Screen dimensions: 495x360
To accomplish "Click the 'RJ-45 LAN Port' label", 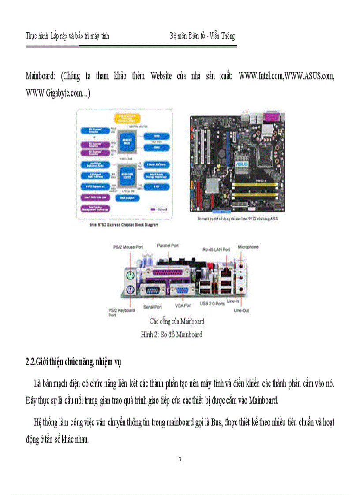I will coord(216,249).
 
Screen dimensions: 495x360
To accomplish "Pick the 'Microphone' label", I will coord(248,247).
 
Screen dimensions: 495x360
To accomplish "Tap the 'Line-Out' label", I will coord(241,310).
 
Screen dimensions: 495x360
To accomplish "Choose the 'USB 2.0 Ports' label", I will coord(212,304).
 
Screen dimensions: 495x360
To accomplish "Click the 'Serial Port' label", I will coord(153,306).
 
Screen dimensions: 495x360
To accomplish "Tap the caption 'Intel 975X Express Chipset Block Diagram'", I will coord(124,225).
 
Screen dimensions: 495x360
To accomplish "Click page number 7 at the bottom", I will coord(180,462).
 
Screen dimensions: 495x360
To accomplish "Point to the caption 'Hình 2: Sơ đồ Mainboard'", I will coord(172,335).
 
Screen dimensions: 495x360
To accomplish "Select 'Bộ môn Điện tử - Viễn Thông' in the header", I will coord(202,36).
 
